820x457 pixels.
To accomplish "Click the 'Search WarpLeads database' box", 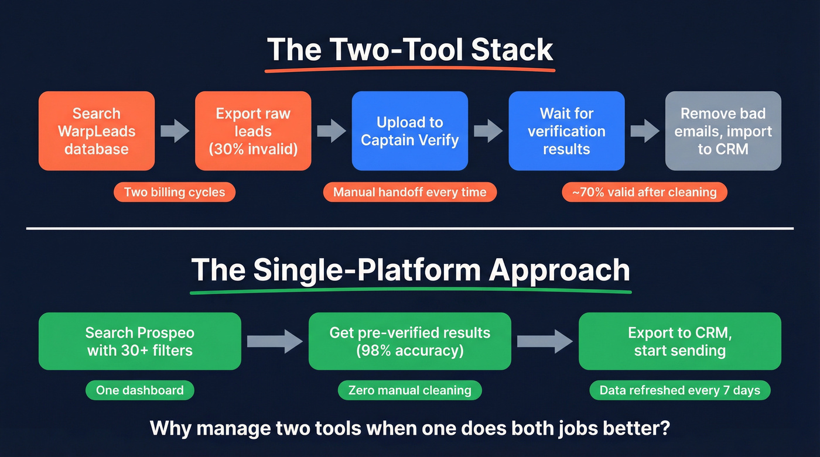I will pos(97,131).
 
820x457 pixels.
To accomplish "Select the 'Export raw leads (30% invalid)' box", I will pos(253,131).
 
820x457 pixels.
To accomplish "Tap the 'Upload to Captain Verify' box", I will pos(409,131).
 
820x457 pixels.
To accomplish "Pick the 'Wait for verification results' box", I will pos(566,131).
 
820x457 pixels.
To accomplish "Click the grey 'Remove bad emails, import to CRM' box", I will pos(723,131).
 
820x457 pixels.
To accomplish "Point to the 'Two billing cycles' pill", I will pos(175,192).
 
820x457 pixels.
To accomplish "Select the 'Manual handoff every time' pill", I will pos(409,192).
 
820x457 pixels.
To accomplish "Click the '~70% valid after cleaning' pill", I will pos(644,192).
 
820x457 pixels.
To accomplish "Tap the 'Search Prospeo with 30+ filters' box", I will pos(140,341).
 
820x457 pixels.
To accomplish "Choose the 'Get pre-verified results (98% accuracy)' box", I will pos(409,341).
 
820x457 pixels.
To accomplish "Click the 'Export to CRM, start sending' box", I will pos(679,341).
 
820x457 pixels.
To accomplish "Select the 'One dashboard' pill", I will pos(139,390).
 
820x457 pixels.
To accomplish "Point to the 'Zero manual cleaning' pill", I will pos(409,390).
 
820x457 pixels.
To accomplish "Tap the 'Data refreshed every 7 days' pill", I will pos(679,390).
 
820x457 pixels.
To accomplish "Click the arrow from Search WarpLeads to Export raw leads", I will pos(175,131).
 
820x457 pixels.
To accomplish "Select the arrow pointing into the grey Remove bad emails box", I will pos(645,131).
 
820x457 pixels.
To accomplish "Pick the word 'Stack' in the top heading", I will pos(512,50).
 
